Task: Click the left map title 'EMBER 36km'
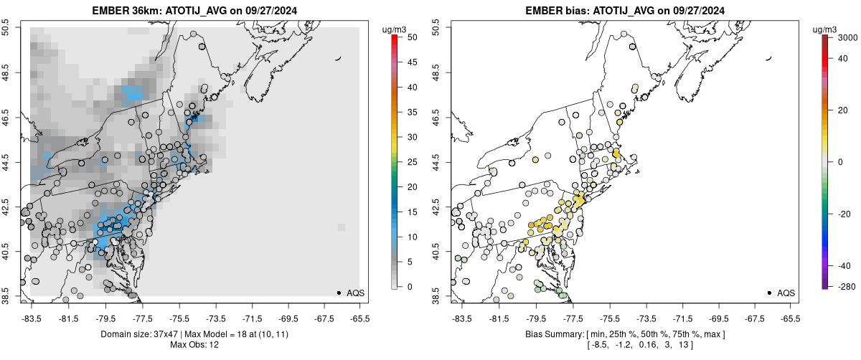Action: [125, 10]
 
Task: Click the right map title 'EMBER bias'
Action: [556, 10]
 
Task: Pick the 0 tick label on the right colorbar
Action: [840, 161]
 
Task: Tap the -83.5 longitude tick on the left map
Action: [31, 316]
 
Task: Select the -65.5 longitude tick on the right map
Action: [791, 316]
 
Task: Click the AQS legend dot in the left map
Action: [339, 293]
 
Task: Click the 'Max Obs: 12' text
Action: [195, 345]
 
